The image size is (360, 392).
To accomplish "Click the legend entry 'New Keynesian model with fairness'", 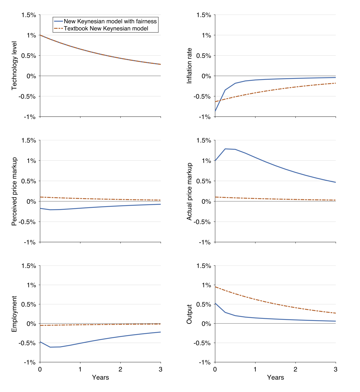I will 110,21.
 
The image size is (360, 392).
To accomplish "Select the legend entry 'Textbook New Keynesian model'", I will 106,28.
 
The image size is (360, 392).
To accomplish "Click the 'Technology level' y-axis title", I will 14,65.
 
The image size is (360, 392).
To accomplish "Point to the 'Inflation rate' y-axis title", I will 189,66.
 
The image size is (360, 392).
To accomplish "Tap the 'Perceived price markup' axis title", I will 14,191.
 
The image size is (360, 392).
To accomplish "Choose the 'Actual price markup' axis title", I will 189,191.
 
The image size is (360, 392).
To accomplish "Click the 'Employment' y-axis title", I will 14,314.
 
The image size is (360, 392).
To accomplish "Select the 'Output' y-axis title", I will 189,314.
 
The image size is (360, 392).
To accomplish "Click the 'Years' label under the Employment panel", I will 100,378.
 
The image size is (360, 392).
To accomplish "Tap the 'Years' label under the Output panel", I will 275,378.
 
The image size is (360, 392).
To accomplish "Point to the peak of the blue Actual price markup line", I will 225,149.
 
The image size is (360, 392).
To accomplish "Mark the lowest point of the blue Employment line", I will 50,347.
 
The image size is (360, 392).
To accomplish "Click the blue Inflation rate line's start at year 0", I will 215,111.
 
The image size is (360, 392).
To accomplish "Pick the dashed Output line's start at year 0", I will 215,287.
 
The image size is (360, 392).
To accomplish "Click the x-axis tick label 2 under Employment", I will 120,369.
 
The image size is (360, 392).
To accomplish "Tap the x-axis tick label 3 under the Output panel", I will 335,369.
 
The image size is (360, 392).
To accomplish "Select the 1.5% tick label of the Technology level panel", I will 29,15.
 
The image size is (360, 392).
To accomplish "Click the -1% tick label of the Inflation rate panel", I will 205,117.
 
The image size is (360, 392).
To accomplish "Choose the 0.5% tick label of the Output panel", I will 204,304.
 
